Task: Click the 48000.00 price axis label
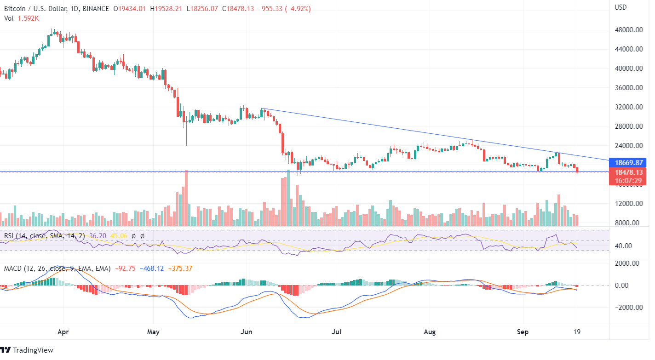tap(628, 30)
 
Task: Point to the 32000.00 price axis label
tap(628, 107)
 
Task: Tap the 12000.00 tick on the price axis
tap(628, 204)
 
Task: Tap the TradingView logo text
tap(33, 350)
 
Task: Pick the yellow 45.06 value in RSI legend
tap(120, 236)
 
